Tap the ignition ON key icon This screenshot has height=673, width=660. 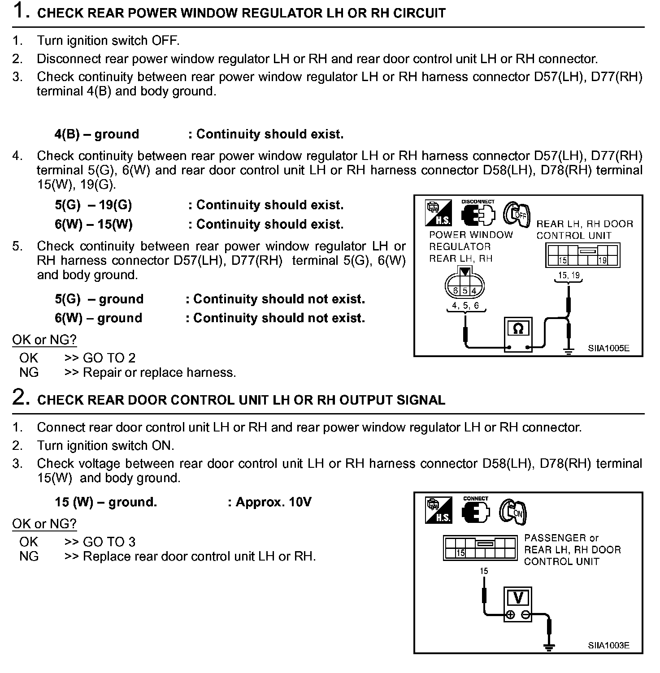(513, 511)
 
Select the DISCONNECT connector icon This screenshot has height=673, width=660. (478, 215)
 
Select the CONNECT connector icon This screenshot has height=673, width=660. (476, 512)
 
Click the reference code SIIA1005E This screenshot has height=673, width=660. (608, 348)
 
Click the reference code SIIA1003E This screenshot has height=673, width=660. (608, 645)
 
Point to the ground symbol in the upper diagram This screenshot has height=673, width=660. (569, 351)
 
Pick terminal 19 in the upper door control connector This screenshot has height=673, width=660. (602, 260)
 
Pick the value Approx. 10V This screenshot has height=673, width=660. (273, 502)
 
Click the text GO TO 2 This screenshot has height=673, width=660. (109, 358)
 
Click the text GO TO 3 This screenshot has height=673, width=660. (109, 542)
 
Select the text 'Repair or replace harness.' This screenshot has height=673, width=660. (159, 372)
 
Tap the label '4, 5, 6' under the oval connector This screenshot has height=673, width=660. (465, 306)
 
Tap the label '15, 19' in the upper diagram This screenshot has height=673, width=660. (569, 275)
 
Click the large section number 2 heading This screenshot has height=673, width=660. (21, 397)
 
